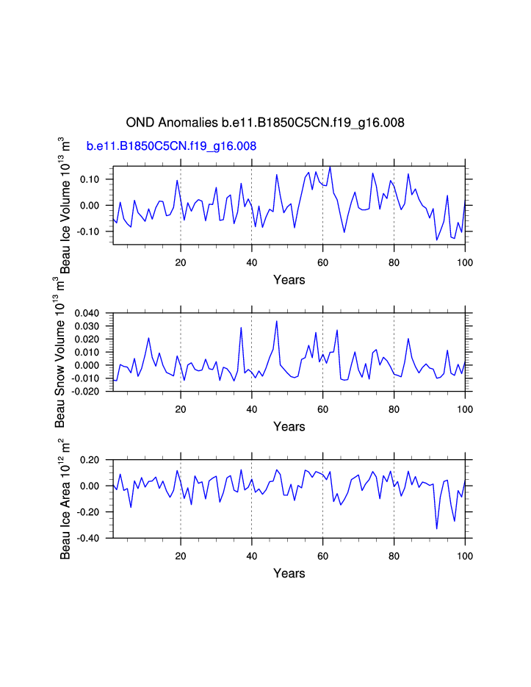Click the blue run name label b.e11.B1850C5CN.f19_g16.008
(x=171, y=146)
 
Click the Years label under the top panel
(x=289, y=279)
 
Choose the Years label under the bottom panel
(x=289, y=573)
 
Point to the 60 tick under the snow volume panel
(x=322, y=408)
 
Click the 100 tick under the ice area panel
(x=464, y=555)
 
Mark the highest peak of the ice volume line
(x=330, y=167)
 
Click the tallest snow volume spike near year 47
(x=277, y=321)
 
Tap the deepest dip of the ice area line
(x=436, y=528)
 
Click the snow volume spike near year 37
(x=241, y=328)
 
